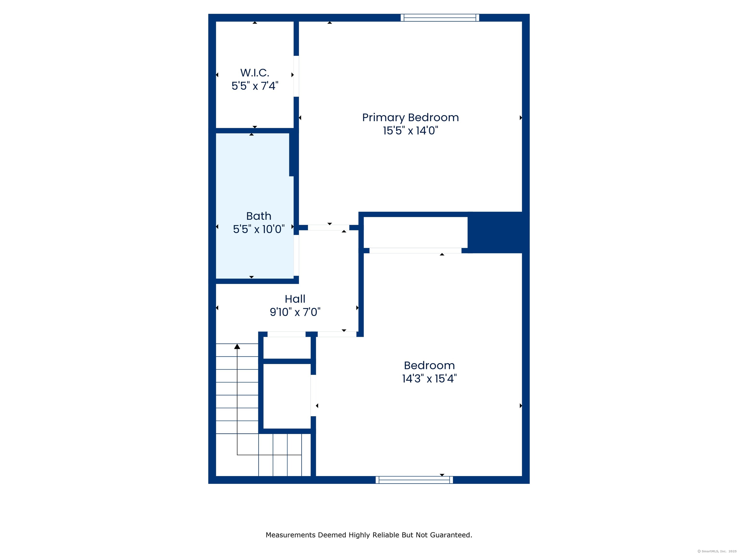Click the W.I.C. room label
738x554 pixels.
(255, 73)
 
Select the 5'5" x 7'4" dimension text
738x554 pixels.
(255, 86)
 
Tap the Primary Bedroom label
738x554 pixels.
(410, 118)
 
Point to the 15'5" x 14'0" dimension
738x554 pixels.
(410, 131)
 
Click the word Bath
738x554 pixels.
(258, 216)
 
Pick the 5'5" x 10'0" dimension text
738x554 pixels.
(258, 229)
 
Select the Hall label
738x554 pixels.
(295, 299)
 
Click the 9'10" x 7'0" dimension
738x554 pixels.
(295, 312)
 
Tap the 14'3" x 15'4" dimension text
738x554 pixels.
(429, 379)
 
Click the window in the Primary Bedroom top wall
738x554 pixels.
(440, 18)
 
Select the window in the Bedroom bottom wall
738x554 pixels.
(414, 480)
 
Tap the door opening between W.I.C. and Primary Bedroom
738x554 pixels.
(296, 76)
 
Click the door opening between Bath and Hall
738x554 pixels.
(296, 255)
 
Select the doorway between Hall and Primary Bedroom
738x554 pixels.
(328, 228)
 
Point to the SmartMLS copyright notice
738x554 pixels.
(717, 551)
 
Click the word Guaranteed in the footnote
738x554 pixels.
(451, 535)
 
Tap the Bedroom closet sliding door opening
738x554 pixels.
(415, 251)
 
